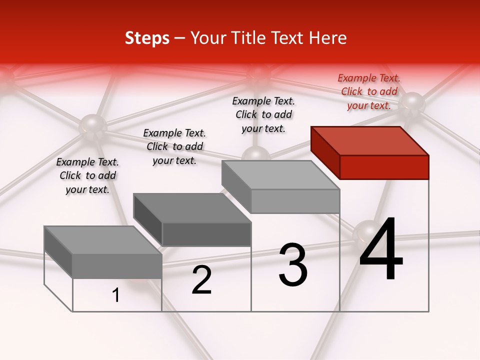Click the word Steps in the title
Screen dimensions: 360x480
click(x=147, y=38)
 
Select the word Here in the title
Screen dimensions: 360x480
click(x=327, y=38)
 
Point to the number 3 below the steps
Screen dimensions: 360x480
click(x=292, y=265)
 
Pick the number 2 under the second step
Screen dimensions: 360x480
click(x=201, y=280)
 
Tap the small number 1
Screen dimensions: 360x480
click(x=115, y=295)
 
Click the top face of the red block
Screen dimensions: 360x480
click(x=370, y=140)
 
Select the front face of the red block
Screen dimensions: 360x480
click(x=384, y=167)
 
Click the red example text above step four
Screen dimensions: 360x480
click(x=369, y=92)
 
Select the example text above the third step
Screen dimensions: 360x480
click(x=263, y=115)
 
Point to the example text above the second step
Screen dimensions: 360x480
click(x=174, y=146)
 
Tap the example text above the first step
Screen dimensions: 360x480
click(x=87, y=176)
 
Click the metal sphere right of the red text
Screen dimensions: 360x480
click(x=412, y=104)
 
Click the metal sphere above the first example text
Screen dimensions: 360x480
click(x=92, y=125)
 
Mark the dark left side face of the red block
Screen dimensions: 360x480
click(x=325, y=152)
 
